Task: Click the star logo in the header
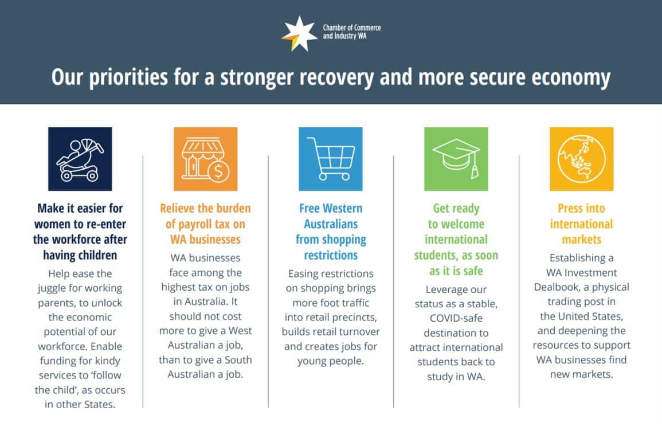[x=299, y=33]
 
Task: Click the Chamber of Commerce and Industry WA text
[x=351, y=32]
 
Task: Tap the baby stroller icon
[x=80, y=159]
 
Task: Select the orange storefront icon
[x=205, y=159]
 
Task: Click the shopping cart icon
[x=330, y=159]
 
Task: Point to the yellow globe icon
[x=581, y=159]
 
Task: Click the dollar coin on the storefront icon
[x=218, y=171]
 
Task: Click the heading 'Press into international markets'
[x=581, y=224]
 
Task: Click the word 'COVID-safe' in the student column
[x=456, y=318]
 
